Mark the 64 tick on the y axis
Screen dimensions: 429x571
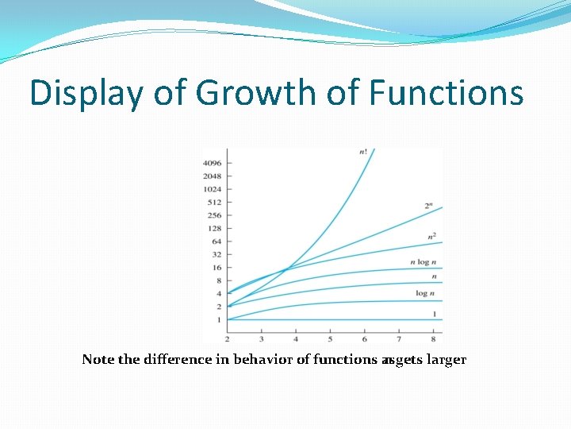click(x=216, y=242)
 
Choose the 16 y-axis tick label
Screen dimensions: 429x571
click(x=216, y=268)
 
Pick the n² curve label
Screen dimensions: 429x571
click(x=431, y=235)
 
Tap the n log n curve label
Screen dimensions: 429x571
click(x=423, y=262)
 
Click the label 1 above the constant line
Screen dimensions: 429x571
click(x=434, y=315)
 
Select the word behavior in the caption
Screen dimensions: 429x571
click(x=263, y=360)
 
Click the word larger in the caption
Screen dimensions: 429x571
click(x=446, y=360)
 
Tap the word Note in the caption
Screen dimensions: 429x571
click(x=98, y=360)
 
